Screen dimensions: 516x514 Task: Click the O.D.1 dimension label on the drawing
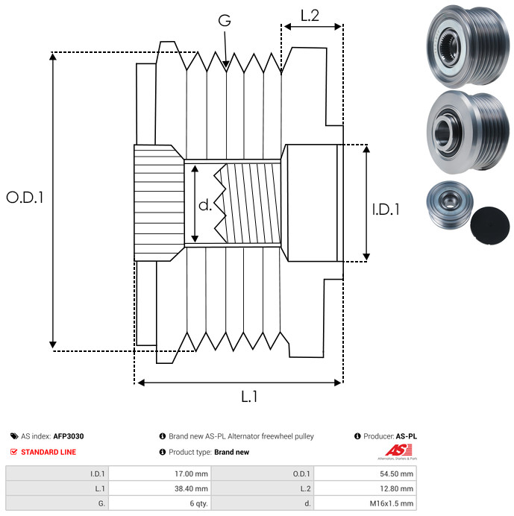click(25, 198)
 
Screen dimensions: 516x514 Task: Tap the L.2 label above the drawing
click(310, 15)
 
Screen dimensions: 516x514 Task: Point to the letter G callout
click(224, 22)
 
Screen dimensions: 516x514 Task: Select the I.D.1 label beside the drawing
click(386, 210)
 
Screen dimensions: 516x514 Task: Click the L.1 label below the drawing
click(249, 397)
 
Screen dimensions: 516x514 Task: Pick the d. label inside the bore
click(205, 205)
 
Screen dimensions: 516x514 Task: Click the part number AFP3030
click(69, 436)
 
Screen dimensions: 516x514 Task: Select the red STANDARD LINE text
click(48, 452)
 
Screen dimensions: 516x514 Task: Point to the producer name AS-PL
click(407, 436)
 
